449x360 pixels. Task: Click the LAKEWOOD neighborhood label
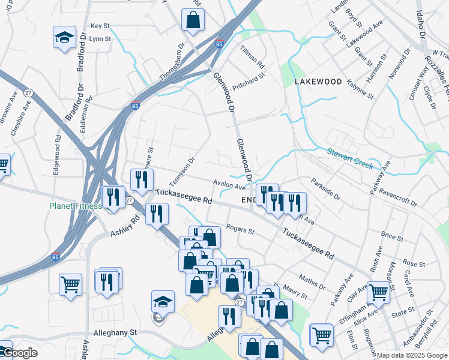point(318,82)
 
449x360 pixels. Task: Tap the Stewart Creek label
point(351,158)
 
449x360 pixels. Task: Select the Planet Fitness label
point(76,206)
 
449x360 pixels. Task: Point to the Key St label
point(100,26)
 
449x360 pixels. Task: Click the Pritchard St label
point(249,81)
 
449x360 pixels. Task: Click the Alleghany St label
point(116,332)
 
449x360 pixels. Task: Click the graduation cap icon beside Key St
point(64,37)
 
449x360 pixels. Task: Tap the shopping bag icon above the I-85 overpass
point(194,20)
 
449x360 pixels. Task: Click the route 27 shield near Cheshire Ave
point(28,93)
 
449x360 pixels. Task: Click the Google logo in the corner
point(19,353)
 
